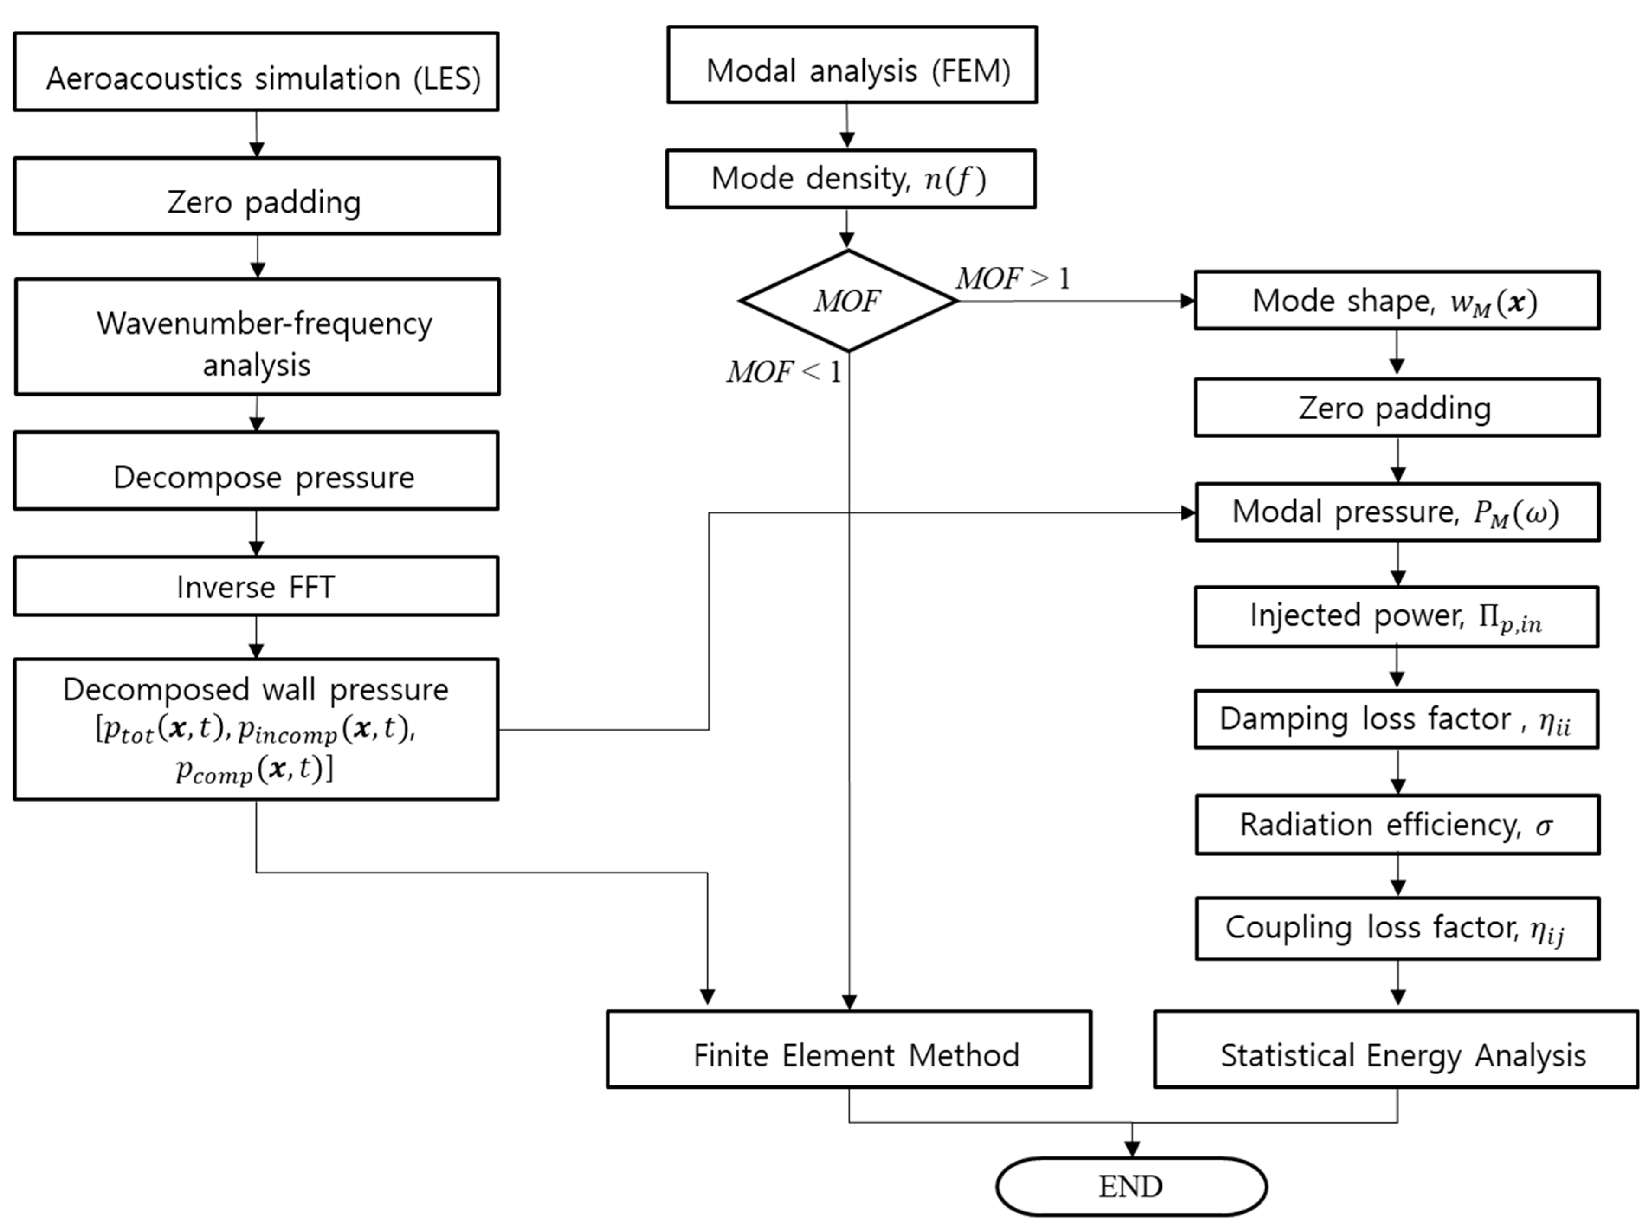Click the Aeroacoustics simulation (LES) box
pos(256,72)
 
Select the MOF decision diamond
pos(848,301)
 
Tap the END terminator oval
pos(1131,1186)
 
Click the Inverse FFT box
pos(256,586)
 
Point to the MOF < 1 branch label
pos(784,372)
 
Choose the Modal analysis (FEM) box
pos(852,65)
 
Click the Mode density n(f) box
pos(850,179)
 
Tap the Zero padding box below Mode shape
pos(1396,408)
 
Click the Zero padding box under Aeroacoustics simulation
pos(256,196)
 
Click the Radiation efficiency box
pos(1397,825)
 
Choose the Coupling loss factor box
pos(1397,928)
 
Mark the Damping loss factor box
pos(1396,719)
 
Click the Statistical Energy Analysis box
pos(1396,1049)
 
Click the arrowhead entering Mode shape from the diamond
pos(1187,301)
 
